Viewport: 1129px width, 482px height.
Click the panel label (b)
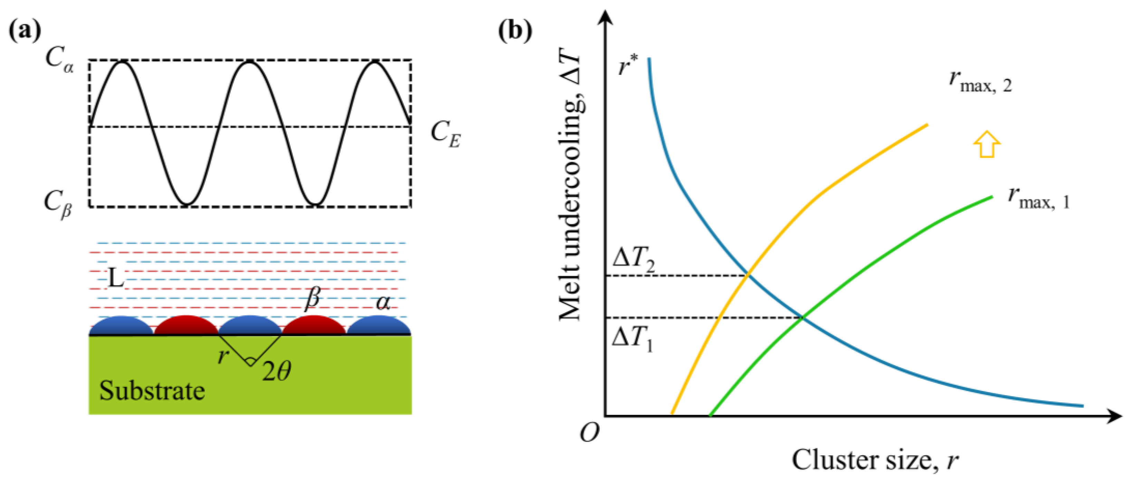[516, 31]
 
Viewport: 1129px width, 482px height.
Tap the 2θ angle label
[277, 371]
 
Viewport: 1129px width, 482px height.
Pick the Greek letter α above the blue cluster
[383, 302]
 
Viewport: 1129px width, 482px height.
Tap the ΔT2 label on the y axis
[634, 262]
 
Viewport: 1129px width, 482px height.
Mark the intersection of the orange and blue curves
[748, 275]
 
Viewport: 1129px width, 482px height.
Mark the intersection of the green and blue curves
[802, 317]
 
